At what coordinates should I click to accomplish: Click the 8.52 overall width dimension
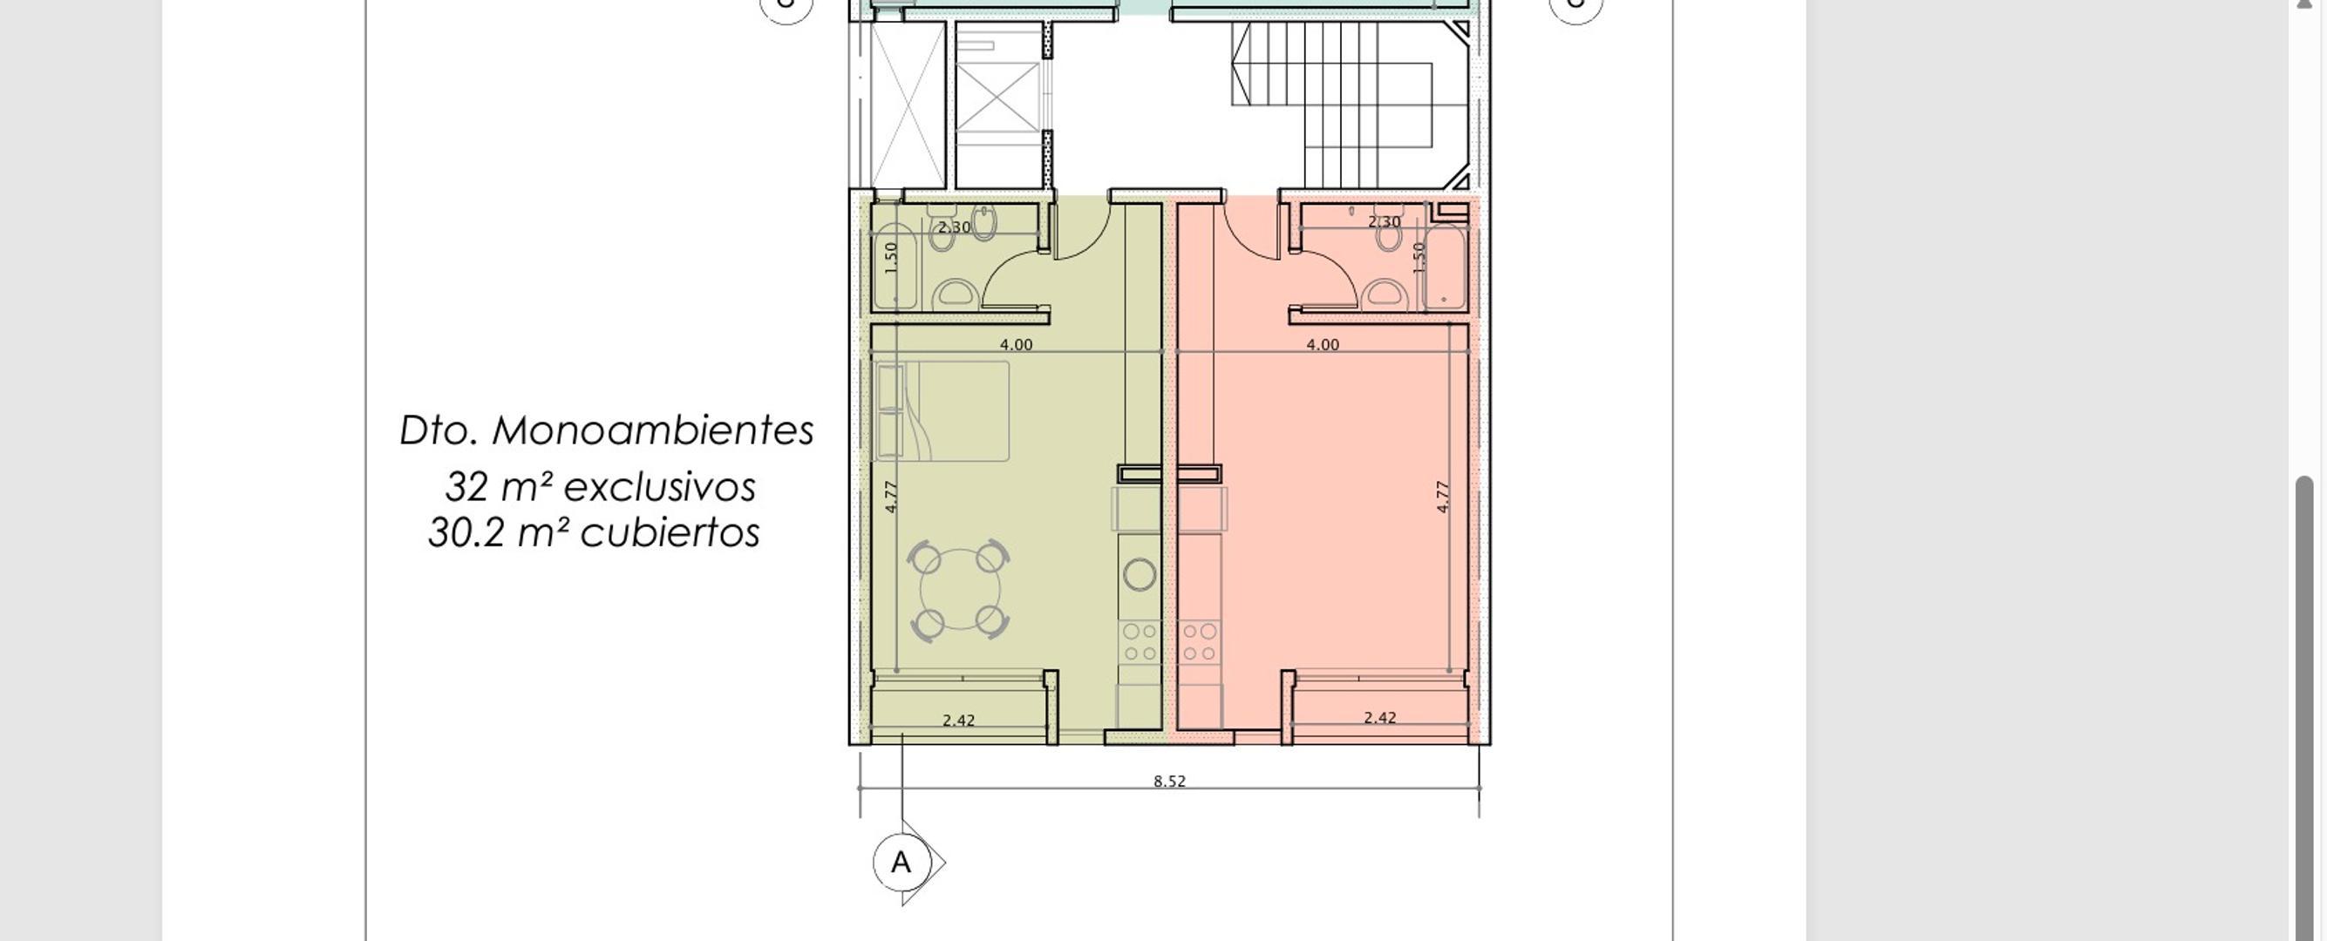pos(1169,782)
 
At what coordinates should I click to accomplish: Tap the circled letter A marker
pos(901,863)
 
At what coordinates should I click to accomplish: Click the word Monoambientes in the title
pos(652,430)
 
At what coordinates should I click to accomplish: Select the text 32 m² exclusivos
pos(600,488)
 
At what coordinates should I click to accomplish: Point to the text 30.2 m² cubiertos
pos(594,533)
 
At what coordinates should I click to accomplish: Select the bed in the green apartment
pos(942,412)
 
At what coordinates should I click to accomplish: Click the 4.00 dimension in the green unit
pos(1016,345)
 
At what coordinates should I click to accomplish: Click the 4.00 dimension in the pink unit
pos(1323,345)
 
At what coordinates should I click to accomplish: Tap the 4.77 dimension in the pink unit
pos(1442,497)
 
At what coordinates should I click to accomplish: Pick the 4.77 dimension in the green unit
pos(891,497)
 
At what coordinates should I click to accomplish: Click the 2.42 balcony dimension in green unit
pos(958,721)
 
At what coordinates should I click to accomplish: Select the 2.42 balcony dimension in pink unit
pos(1379,718)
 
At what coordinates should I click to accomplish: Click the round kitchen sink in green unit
pos(1140,574)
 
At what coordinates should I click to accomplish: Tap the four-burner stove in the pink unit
pos(1199,642)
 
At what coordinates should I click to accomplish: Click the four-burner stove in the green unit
pos(1140,642)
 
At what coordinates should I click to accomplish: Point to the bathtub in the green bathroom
pos(895,267)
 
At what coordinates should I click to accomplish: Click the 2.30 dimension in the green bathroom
pos(954,227)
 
